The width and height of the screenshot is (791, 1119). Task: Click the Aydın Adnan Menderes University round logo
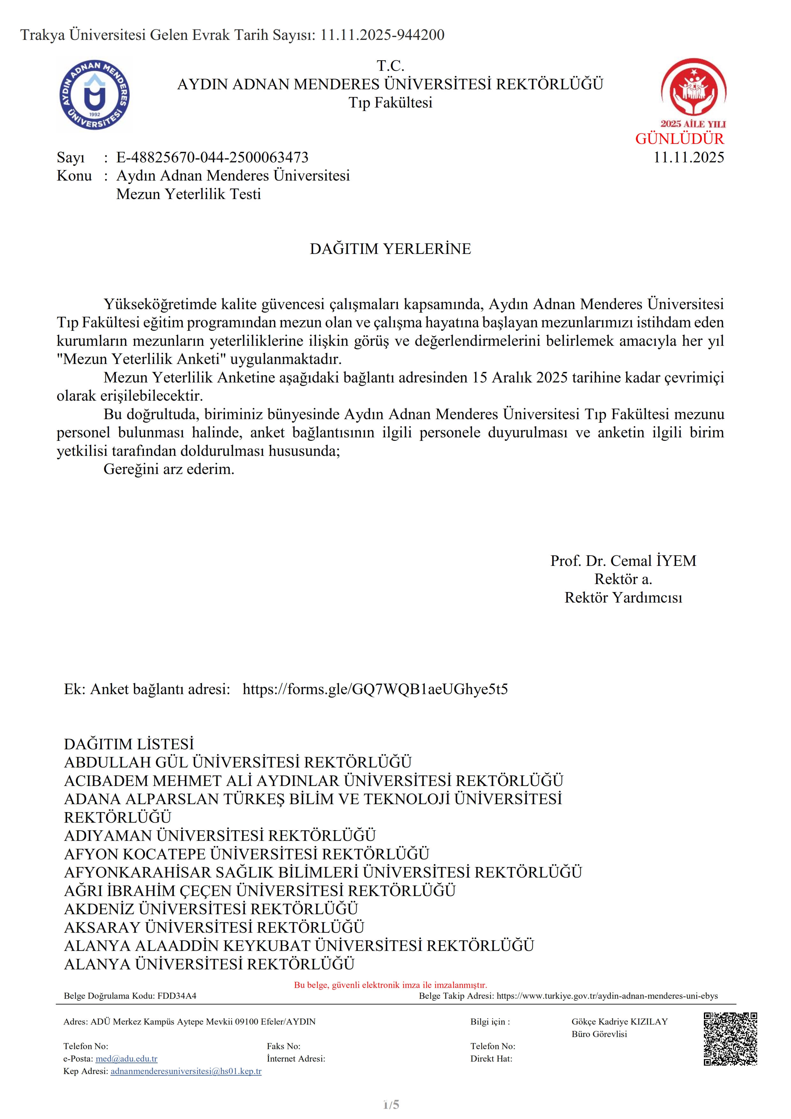click(x=94, y=95)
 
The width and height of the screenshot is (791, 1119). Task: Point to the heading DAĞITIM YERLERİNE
click(x=390, y=249)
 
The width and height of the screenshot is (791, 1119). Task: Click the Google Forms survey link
click(x=375, y=689)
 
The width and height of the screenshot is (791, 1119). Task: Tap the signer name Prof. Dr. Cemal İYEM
click(x=623, y=561)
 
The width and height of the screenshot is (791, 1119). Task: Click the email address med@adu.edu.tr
click(x=126, y=1059)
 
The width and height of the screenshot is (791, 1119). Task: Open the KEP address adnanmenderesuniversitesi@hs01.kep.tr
click(x=186, y=1071)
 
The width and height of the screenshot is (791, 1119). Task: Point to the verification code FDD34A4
click(x=177, y=996)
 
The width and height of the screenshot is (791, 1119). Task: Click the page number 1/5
click(x=391, y=1104)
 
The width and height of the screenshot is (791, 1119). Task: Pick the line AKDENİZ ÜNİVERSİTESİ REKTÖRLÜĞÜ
click(x=211, y=909)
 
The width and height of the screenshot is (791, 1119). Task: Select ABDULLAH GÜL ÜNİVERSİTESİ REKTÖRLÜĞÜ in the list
click(x=238, y=762)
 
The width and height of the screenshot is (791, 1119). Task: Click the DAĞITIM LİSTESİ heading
click(x=129, y=744)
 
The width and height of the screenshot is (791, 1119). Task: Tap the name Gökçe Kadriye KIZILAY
click(x=619, y=1021)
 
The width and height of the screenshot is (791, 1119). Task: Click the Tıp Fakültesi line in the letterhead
click(x=390, y=103)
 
